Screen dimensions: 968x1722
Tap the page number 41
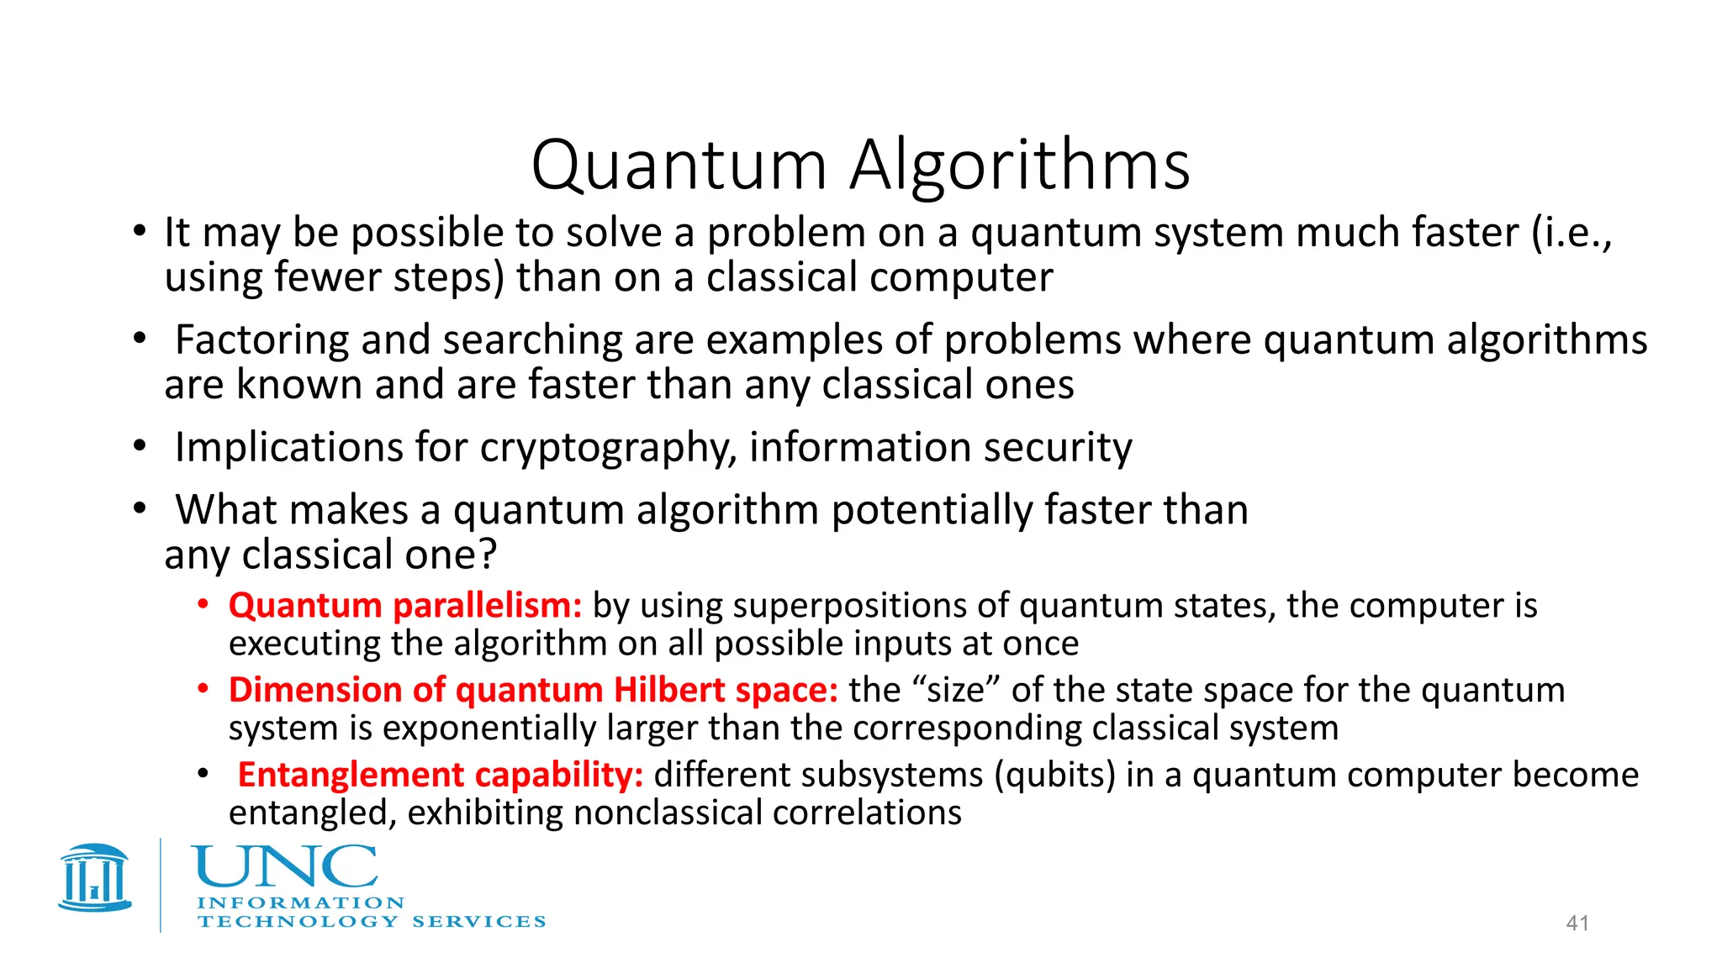pyautogui.click(x=1577, y=923)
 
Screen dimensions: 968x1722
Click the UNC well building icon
pyautogui.click(x=95, y=878)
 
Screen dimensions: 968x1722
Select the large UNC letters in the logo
pyautogui.click(x=284, y=867)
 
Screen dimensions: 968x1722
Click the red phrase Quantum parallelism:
pyautogui.click(x=405, y=606)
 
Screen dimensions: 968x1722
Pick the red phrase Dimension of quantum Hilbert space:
pyautogui.click(x=533, y=690)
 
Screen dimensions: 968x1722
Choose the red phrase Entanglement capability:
pyautogui.click(x=440, y=775)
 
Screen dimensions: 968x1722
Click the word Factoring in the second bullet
pyautogui.click(x=261, y=340)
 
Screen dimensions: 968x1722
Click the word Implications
pyautogui.click(x=288, y=448)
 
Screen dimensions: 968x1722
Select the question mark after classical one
pyautogui.click(x=489, y=555)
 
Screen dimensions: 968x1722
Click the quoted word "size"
pyautogui.click(x=956, y=690)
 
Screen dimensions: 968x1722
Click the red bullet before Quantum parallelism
pyautogui.click(x=203, y=604)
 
